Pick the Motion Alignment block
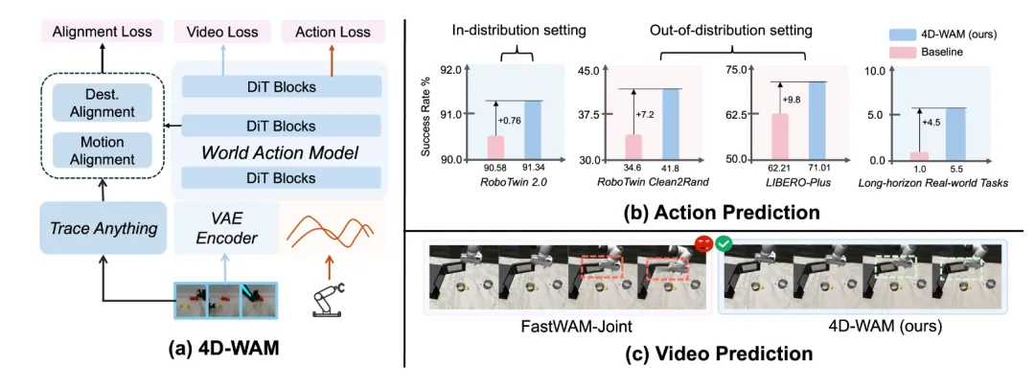pos(103,150)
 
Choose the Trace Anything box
pos(103,228)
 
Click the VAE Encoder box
pos(226,229)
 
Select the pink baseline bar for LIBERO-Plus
pos(779,137)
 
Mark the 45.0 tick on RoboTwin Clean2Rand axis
pos(587,69)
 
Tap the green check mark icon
pos(724,243)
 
